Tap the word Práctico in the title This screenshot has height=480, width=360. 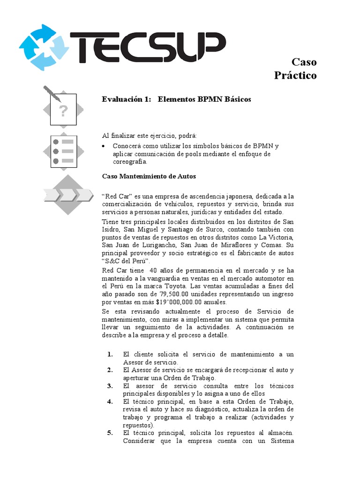pos(295,75)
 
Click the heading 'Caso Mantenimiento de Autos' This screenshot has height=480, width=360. pos(149,176)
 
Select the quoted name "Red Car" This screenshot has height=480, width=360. pos(115,195)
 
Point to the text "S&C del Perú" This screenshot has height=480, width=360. pos(125,261)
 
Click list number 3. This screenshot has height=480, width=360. pos(110,386)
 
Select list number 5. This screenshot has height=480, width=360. pos(110,433)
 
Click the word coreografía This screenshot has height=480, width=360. pos(129,162)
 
